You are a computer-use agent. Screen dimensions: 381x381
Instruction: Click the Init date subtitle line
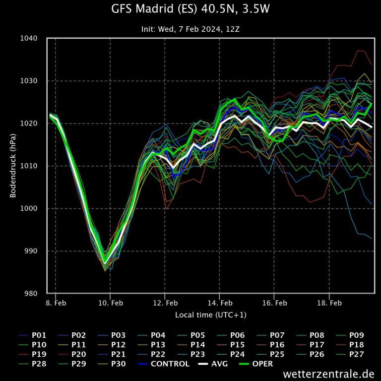190,29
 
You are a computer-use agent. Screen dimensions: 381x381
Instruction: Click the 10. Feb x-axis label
110,303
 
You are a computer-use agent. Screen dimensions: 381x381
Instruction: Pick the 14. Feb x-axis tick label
220,303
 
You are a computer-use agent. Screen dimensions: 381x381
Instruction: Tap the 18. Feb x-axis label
329,303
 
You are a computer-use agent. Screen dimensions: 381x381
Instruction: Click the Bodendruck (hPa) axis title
13,166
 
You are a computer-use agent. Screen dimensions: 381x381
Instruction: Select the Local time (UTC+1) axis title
210,315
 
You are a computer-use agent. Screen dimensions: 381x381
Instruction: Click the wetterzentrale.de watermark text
329,374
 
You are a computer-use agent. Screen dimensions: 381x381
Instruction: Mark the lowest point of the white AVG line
105,263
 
